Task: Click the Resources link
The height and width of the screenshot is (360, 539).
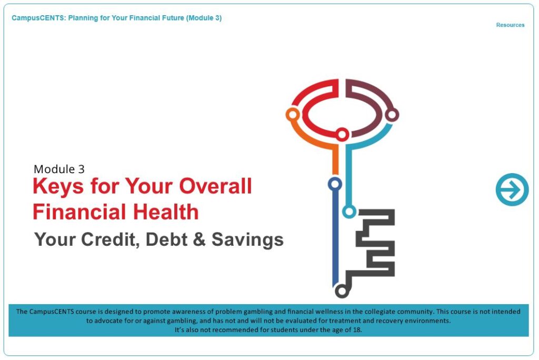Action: [x=510, y=25]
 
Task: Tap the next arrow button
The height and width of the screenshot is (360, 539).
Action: [x=512, y=189]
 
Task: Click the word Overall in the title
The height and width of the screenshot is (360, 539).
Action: [x=215, y=186]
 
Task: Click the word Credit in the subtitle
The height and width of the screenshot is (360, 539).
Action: [x=111, y=239]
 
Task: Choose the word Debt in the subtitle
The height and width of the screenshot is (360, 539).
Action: [x=166, y=239]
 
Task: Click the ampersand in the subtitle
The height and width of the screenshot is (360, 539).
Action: [x=199, y=239]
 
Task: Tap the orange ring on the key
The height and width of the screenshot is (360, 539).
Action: [x=293, y=114]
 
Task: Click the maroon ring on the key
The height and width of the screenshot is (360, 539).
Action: [x=392, y=114]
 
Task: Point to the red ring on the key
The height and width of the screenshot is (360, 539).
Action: [x=342, y=134]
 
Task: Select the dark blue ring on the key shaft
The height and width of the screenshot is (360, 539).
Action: [x=335, y=184]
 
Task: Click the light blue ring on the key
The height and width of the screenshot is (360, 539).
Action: [x=349, y=211]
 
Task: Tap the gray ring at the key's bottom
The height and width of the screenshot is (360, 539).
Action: [x=341, y=292]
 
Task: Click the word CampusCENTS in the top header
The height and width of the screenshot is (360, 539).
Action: [x=38, y=18]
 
